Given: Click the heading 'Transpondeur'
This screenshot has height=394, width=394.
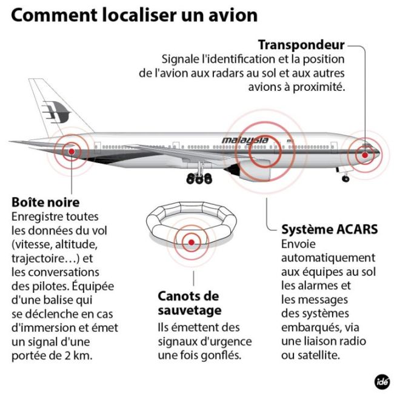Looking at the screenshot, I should (301, 45).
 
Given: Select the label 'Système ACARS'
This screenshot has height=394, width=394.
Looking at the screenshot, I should (330, 230).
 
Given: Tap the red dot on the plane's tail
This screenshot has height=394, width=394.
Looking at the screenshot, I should (72, 151).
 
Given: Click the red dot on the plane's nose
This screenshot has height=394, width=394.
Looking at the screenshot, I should (364, 155).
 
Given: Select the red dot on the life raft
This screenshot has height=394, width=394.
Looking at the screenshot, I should (192, 243).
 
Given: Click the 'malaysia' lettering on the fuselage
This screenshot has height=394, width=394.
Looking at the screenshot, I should (245, 141).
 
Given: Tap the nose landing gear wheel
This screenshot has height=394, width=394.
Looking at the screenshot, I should (346, 179).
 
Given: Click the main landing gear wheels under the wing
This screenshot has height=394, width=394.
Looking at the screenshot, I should (199, 178).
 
